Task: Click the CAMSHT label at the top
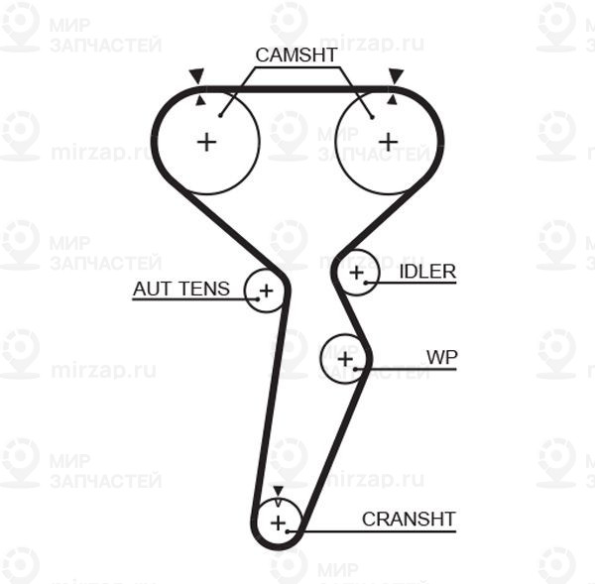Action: tap(297, 55)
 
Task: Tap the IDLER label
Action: tap(427, 271)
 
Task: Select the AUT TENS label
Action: tap(181, 289)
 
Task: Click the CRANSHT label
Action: tap(409, 519)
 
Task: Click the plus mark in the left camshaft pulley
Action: tap(206, 142)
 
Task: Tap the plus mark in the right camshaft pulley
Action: tap(388, 142)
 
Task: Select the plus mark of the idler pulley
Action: tap(357, 271)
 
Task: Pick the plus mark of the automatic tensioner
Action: tap(266, 291)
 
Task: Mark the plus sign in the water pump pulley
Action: tap(344, 358)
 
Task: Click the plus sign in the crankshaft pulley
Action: tap(278, 521)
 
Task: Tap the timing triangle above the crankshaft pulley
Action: tap(278, 491)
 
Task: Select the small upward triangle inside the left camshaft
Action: tap(201, 99)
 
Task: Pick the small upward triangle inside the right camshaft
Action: tap(393, 99)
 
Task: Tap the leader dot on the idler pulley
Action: tap(368, 283)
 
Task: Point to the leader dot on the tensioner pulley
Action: tap(255, 299)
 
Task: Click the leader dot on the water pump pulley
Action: tap(357, 369)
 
